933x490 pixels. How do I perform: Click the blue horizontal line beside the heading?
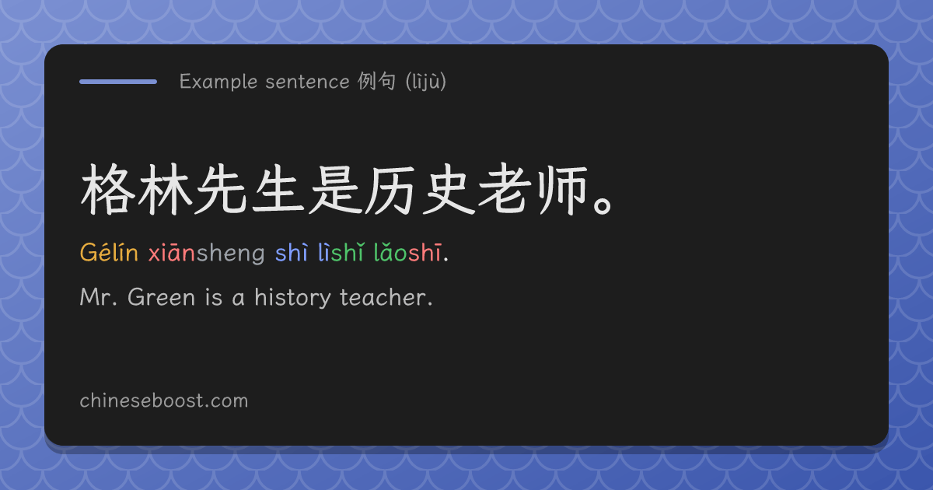(118, 82)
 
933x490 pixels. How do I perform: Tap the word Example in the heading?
(218, 82)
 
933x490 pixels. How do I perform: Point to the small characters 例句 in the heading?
(376, 81)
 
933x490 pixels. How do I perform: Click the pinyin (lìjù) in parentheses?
(426, 82)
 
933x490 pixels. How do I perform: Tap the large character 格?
(108, 189)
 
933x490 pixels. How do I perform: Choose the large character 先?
(222, 189)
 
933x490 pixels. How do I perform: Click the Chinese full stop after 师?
(603, 206)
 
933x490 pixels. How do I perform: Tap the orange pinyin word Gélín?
(109, 252)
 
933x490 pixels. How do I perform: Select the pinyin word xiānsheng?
(207, 253)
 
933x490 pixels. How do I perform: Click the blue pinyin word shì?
(292, 252)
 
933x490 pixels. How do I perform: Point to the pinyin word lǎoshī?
(407, 252)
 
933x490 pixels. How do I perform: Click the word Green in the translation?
(161, 297)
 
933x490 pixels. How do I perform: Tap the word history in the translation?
(293, 298)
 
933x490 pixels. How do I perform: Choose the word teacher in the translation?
(383, 297)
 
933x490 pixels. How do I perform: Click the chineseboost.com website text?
(164, 401)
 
